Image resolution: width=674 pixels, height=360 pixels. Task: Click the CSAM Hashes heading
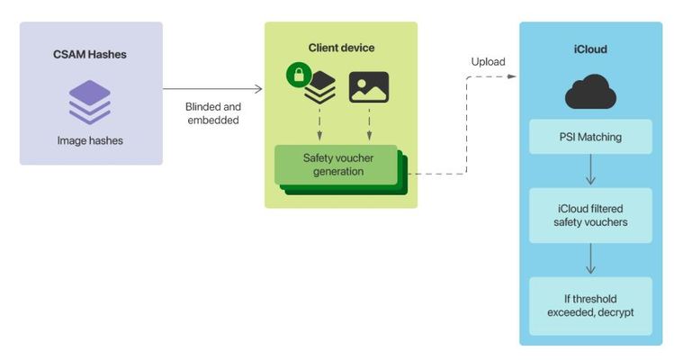[90, 55]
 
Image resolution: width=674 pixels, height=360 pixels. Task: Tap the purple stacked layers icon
[90, 102]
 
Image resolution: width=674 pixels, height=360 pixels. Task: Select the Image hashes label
[90, 140]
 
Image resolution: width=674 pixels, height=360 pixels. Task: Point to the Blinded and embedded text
[213, 112]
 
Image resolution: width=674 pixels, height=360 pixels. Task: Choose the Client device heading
[341, 47]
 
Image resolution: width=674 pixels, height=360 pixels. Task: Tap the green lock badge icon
[298, 75]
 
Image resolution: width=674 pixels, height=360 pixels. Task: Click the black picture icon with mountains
[369, 87]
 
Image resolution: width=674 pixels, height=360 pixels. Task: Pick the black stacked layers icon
[319, 88]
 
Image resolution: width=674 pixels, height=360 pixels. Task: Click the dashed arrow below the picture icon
[369, 123]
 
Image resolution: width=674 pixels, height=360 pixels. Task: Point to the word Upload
[488, 61]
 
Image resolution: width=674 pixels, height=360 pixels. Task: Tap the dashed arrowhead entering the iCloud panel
[513, 76]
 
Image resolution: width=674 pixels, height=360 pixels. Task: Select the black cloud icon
[590, 93]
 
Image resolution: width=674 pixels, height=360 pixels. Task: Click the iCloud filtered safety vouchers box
[590, 215]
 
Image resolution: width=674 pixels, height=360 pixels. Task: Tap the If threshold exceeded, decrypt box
[590, 305]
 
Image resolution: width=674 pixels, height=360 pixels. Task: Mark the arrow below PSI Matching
[590, 170]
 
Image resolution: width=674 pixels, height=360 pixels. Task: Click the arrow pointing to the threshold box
[590, 259]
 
